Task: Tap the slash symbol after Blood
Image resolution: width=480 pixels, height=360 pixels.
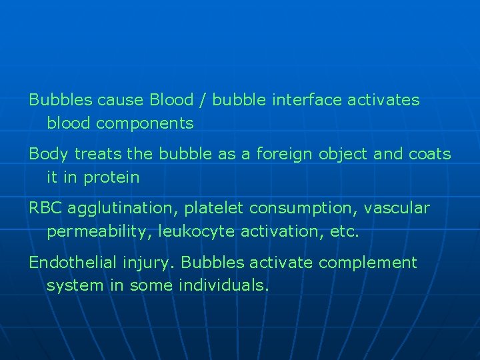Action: [201, 100]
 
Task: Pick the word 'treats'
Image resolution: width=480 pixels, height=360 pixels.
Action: [98, 155]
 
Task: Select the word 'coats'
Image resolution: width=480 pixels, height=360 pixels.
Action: [429, 155]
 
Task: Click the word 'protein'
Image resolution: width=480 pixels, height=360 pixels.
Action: [113, 178]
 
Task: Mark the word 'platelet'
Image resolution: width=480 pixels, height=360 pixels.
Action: [214, 209]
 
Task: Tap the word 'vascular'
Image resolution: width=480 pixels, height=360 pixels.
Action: [400, 209]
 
